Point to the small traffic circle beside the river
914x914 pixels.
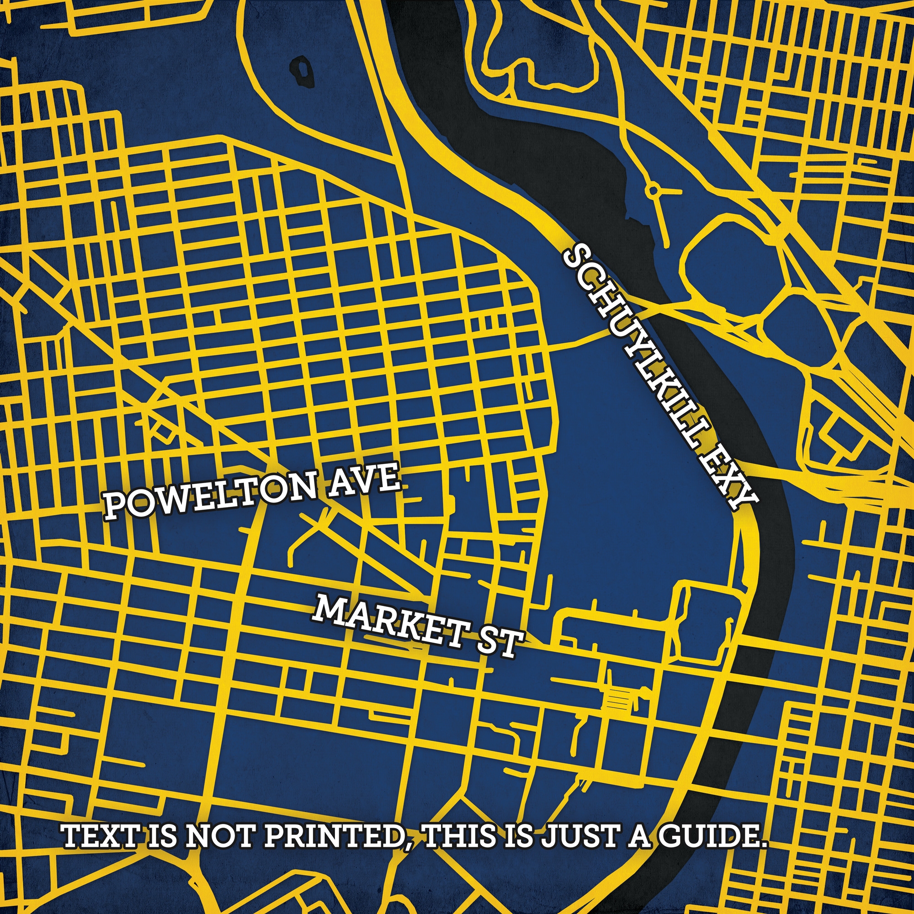[x=654, y=191]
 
